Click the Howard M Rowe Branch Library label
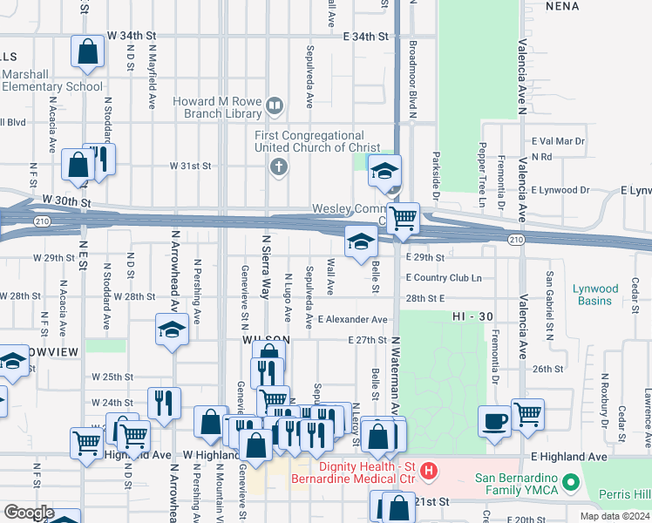[x=217, y=107]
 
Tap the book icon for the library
[x=275, y=106]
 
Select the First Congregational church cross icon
[x=279, y=166]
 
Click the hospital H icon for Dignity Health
[x=429, y=472]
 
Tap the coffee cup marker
[x=494, y=422]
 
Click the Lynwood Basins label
[x=595, y=295]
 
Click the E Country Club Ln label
[x=444, y=277]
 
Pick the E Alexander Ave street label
[x=352, y=320]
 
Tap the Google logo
[x=30, y=512]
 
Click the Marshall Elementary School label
[x=52, y=81]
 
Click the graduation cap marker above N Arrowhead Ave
[x=173, y=330]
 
